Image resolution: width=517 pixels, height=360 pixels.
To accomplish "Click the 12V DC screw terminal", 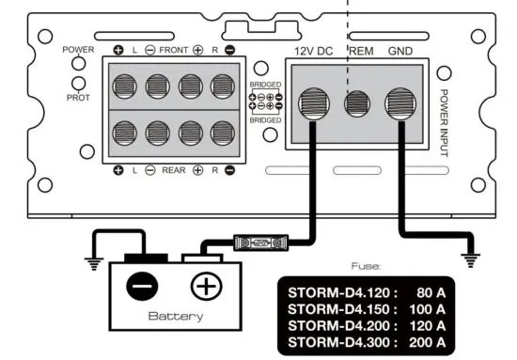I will (x=315, y=102).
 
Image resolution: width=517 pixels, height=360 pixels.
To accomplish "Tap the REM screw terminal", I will (x=357, y=102).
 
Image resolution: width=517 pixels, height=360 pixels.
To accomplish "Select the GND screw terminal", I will (x=400, y=102).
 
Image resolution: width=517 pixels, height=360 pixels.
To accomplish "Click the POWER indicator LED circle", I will (x=78, y=64).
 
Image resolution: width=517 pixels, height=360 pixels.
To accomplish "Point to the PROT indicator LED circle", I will (x=78, y=84).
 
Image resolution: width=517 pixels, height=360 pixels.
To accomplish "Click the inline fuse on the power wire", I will (x=258, y=242).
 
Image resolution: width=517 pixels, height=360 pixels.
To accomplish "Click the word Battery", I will (x=175, y=316).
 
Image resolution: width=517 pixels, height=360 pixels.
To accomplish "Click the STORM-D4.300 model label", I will (x=339, y=340).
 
